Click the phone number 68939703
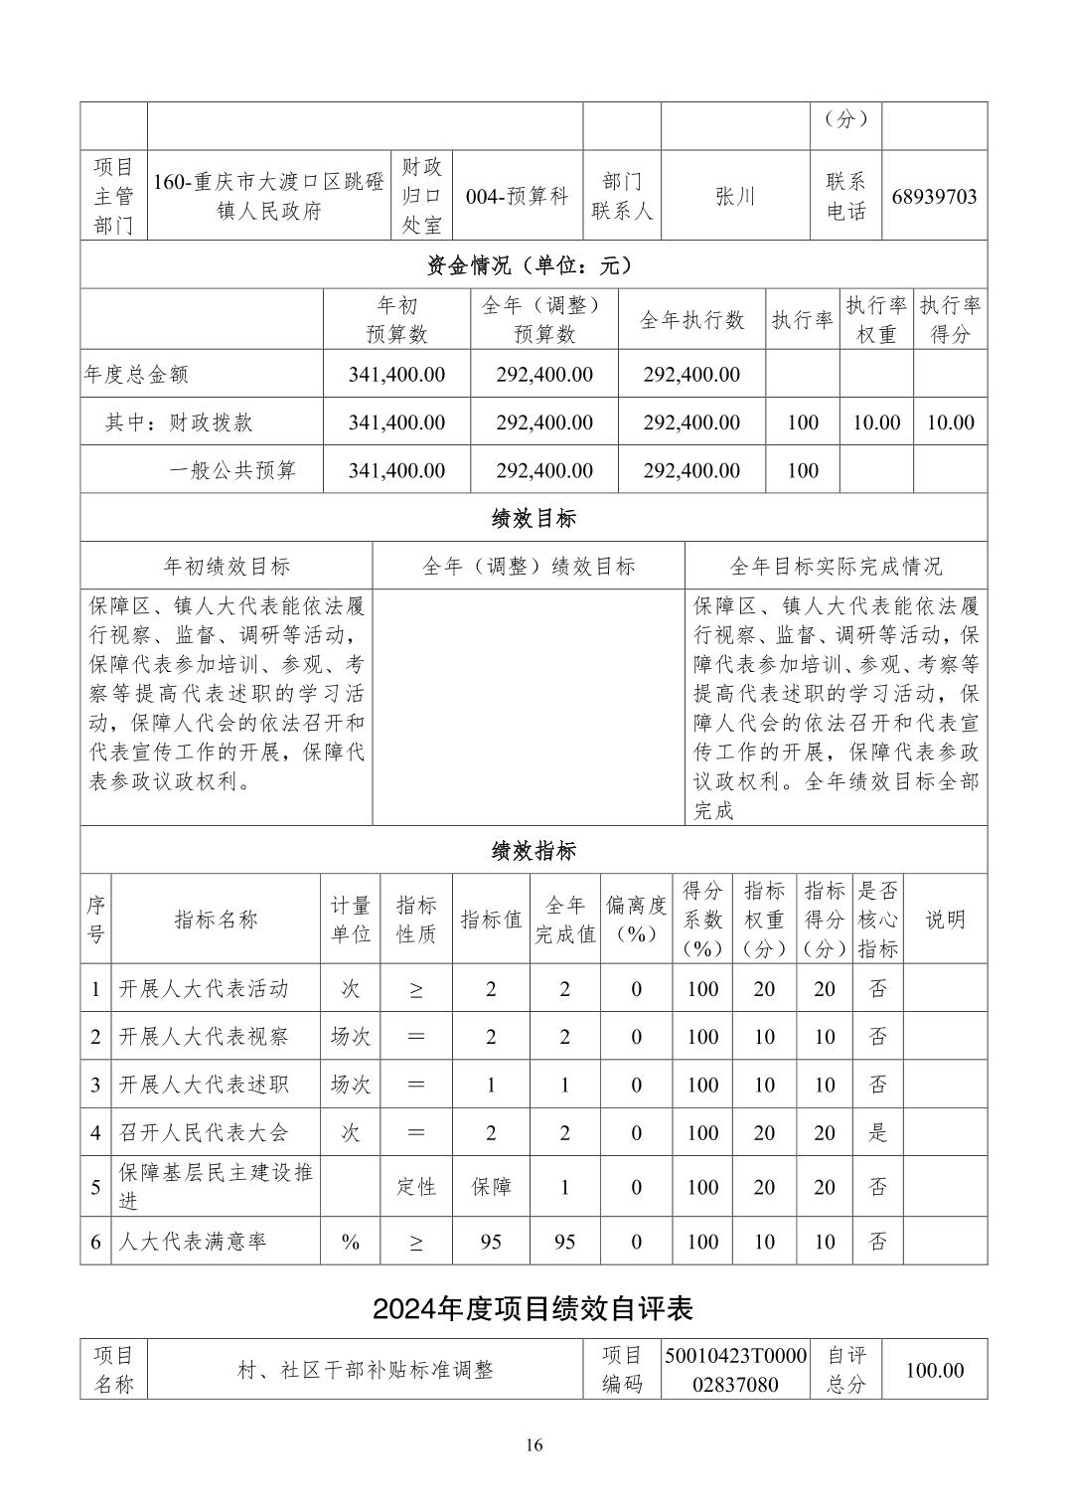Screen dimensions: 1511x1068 click(934, 196)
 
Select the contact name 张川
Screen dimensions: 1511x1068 click(735, 196)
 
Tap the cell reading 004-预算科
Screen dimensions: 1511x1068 click(517, 196)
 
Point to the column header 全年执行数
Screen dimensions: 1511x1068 click(691, 320)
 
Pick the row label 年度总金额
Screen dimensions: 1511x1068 click(136, 375)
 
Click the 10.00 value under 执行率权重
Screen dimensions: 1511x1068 click(876, 422)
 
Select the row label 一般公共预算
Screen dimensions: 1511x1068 click(232, 470)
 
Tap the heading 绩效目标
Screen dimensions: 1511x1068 click(534, 518)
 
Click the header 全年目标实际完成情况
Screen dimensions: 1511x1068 click(836, 567)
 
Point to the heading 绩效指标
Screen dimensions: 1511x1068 click(534, 851)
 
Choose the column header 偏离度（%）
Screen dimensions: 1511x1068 click(637, 920)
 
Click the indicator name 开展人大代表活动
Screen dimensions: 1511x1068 click(204, 989)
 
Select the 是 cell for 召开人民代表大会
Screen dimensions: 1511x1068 click(877, 1132)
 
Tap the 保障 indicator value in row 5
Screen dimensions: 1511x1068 click(491, 1187)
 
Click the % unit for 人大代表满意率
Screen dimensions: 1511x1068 click(350, 1242)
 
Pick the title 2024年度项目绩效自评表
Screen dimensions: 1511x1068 click(533, 1308)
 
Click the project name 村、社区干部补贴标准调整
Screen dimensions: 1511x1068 click(365, 1370)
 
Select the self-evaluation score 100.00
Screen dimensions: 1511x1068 click(934, 1370)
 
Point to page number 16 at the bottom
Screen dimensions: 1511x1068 click(534, 1445)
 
